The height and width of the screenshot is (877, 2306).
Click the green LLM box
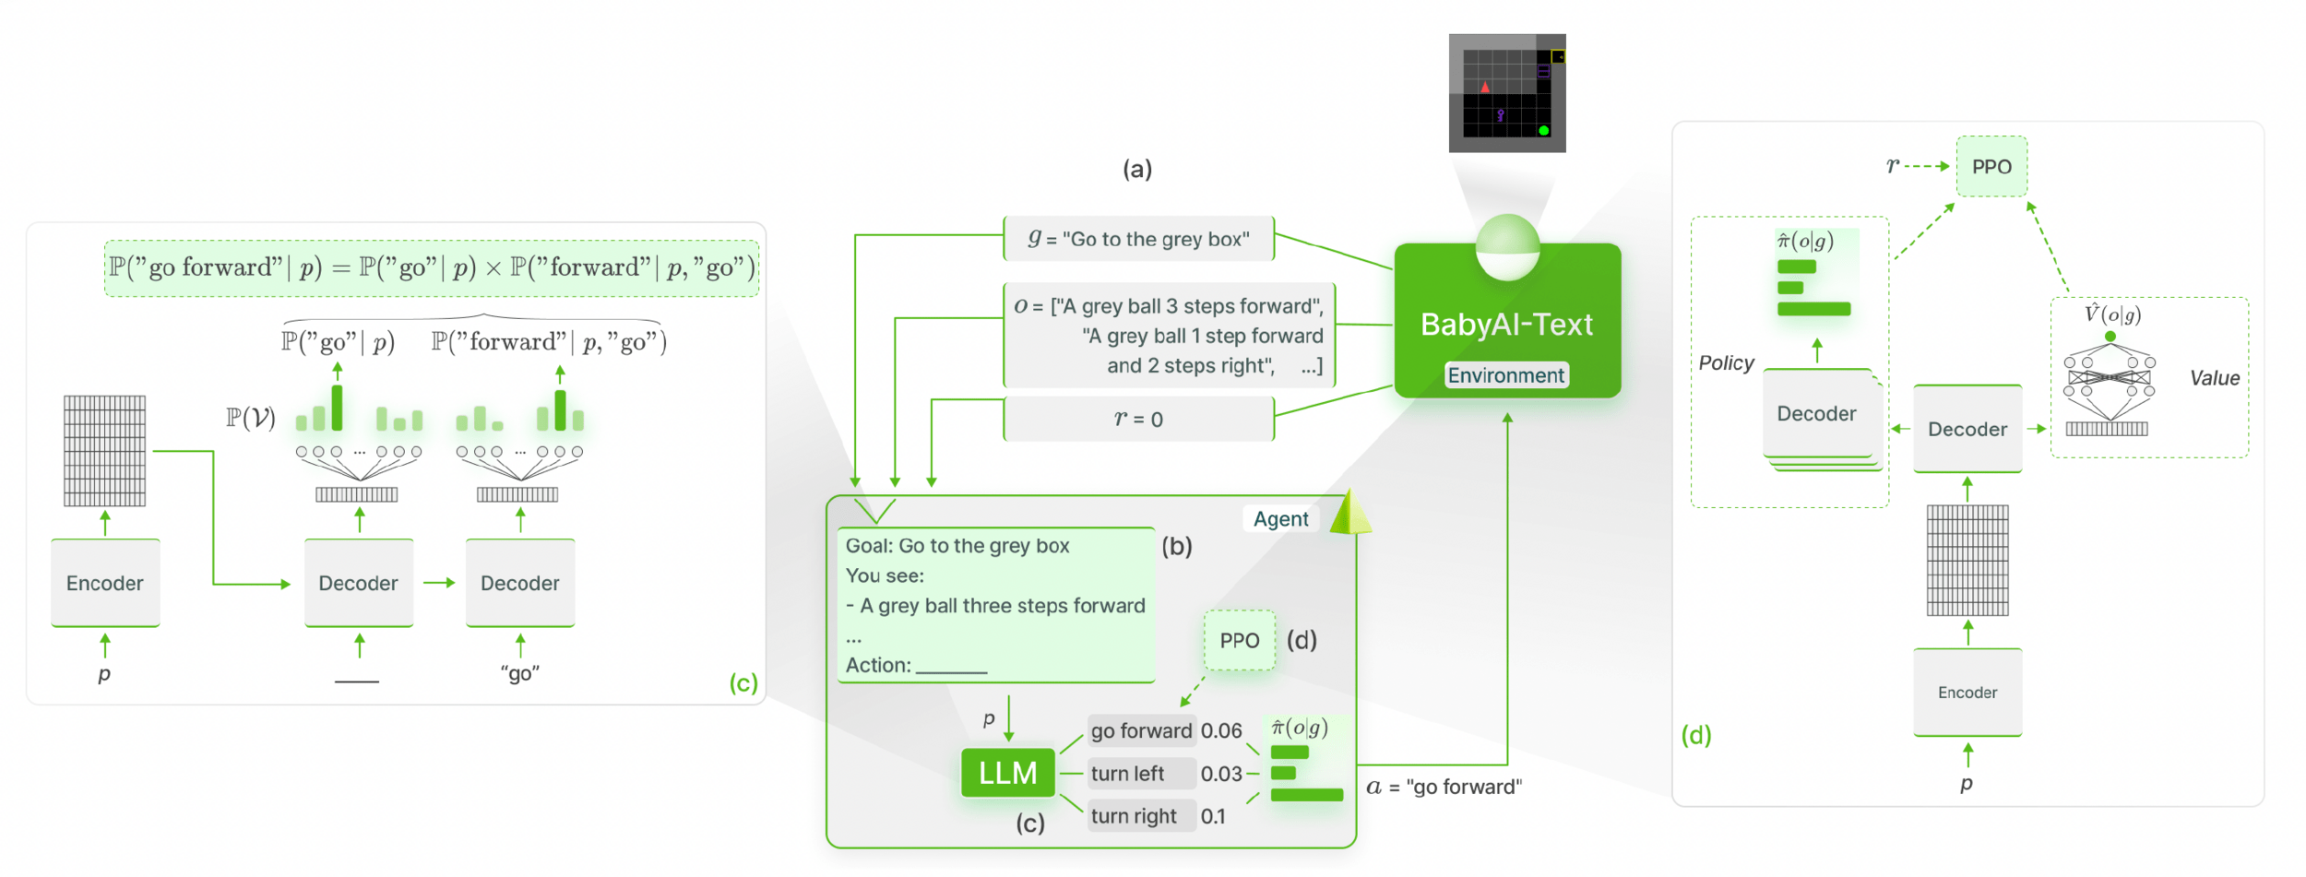click(1007, 773)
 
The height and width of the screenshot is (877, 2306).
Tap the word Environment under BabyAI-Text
click(1505, 375)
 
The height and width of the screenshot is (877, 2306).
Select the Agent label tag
click(1280, 519)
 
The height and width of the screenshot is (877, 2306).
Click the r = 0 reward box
click(1138, 420)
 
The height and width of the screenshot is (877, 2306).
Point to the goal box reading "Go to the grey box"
click(1138, 240)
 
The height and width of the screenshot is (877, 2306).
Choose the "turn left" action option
click(1127, 774)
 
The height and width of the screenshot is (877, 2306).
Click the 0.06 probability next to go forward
click(1221, 731)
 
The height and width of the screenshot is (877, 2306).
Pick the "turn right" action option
click(1134, 816)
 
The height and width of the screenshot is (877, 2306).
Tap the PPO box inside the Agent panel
click(1239, 641)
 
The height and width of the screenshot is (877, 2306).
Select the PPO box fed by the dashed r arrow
click(1991, 167)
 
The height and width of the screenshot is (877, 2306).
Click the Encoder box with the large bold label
click(105, 584)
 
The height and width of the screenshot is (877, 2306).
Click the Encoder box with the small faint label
click(1967, 693)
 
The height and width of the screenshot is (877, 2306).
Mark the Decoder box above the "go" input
click(519, 584)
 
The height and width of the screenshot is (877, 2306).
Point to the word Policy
click(1726, 363)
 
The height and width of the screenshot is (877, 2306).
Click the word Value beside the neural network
click(2214, 378)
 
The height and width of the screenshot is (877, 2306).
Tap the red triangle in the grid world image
click(1485, 88)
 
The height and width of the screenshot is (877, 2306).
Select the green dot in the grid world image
click(1543, 130)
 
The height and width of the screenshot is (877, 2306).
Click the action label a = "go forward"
click(1444, 788)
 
